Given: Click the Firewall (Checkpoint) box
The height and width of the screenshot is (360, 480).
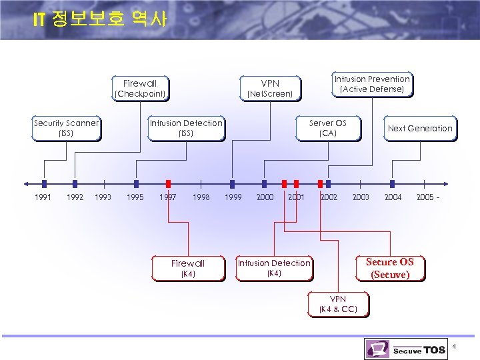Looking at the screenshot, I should click(140, 89).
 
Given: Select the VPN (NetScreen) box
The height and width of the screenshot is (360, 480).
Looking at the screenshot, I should click(270, 89).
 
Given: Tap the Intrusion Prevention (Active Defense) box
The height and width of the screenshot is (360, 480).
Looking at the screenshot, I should click(372, 84).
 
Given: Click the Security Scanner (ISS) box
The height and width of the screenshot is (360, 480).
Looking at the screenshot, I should click(66, 128).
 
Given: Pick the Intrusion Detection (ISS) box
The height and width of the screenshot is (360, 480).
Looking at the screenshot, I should click(186, 128).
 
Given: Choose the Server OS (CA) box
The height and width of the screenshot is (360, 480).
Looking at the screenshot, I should click(328, 128).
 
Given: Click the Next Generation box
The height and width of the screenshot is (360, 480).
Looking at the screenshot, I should click(420, 129).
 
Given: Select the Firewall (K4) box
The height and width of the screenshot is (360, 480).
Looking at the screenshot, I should click(188, 268).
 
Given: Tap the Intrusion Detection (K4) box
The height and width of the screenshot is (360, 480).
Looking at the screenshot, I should click(274, 268).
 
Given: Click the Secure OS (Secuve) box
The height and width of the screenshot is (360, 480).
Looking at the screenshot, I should click(390, 268).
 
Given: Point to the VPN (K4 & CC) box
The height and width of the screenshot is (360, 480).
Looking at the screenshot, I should click(338, 304).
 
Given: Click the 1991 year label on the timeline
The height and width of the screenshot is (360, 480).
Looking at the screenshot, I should click(43, 197).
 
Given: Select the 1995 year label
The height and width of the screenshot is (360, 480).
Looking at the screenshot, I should click(135, 197).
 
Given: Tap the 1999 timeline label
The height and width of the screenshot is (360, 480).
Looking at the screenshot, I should click(233, 197).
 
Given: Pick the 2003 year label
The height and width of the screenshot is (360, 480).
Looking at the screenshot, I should click(361, 197).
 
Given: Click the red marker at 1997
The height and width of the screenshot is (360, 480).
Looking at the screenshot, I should click(168, 183).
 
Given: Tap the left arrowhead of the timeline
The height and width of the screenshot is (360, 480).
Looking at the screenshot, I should click(26, 183).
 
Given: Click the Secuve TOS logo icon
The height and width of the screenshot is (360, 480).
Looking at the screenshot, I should click(377, 349).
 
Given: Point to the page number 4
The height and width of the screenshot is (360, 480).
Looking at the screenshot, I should click(454, 346).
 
